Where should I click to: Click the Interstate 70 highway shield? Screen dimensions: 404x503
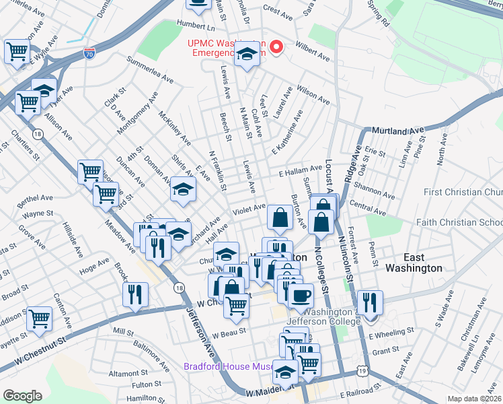pyautogui.click(x=89, y=51)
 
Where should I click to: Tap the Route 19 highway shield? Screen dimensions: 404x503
pyautogui.click(x=363, y=370)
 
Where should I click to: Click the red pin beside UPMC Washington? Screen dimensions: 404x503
pyautogui.click(x=275, y=48)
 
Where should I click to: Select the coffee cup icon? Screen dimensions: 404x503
pyautogui.click(x=301, y=294)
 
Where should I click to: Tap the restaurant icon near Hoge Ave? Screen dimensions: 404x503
pyautogui.click(x=135, y=295)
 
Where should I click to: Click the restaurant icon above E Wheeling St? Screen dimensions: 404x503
pyautogui.click(x=369, y=302)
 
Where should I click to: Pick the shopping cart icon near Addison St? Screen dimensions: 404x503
pyautogui.click(x=40, y=318)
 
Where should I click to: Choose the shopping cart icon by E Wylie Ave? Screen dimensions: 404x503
pyautogui.click(x=17, y=50)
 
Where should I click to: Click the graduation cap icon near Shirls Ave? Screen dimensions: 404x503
pyautogui.click(x=182, y=189)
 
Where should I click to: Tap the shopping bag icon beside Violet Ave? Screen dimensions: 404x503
pyautogui.click(x=279, y=217)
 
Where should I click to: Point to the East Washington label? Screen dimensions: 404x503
pyautogui.click(x=413, y=262)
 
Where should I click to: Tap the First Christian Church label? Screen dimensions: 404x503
pyautogui.click(x=463, y=193)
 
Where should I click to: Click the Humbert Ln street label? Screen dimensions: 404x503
pyautogui.click(x=195, y=26)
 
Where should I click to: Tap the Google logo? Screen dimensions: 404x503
pyautogui.click(x=22, y=396)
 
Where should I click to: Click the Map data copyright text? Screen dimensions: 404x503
pyautogui.click(x=474, y=399)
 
